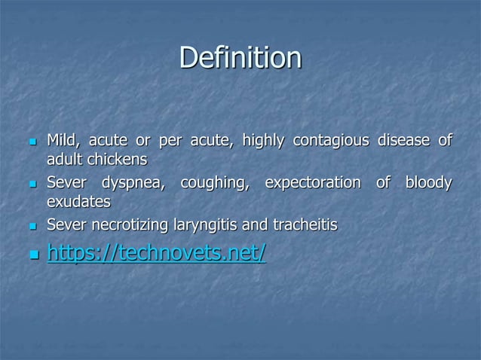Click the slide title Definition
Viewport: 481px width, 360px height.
240,58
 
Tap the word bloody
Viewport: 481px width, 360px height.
428,183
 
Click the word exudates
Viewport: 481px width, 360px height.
78,202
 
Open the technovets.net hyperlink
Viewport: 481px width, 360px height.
156,253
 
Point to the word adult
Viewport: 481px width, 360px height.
65,160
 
